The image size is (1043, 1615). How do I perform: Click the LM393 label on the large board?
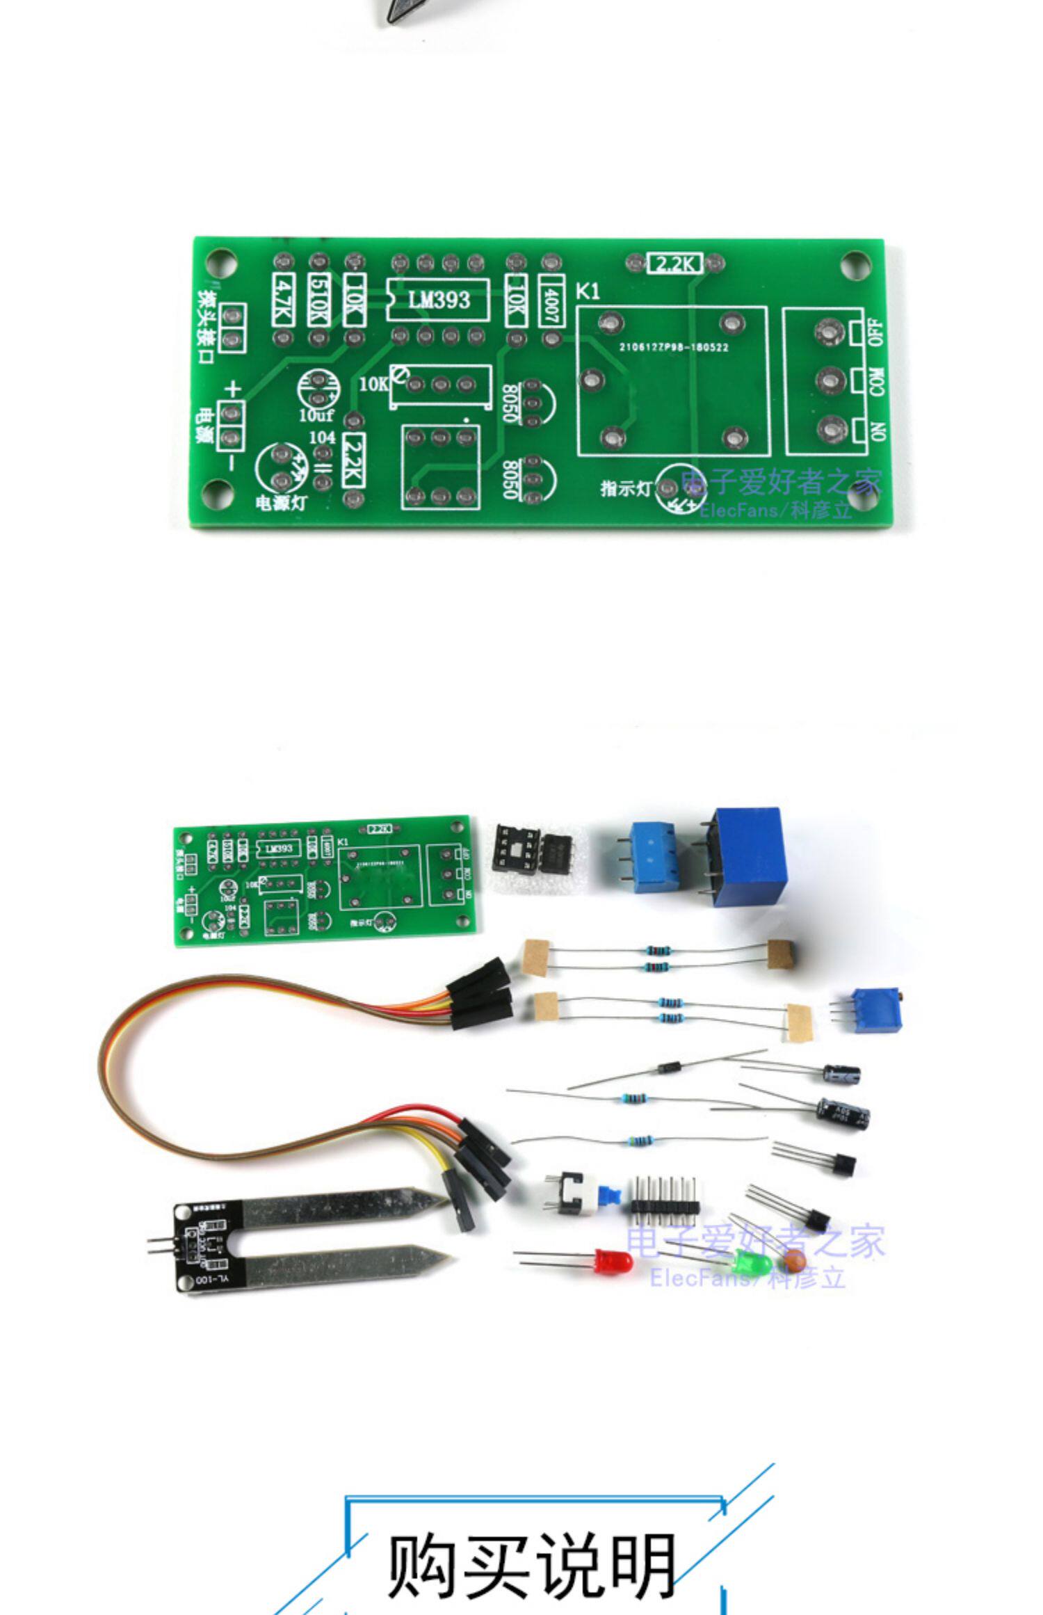(439, 300)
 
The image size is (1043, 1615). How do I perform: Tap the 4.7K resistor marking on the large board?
(283, 300)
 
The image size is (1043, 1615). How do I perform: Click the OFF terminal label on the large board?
(875, 332)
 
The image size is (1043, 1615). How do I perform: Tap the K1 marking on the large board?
(588, 291)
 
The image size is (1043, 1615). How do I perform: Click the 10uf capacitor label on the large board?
(316, 416)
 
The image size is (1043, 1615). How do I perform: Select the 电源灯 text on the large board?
(280, 502)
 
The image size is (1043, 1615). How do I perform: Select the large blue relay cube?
(750, 855)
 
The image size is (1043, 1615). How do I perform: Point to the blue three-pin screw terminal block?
(653, 855)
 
